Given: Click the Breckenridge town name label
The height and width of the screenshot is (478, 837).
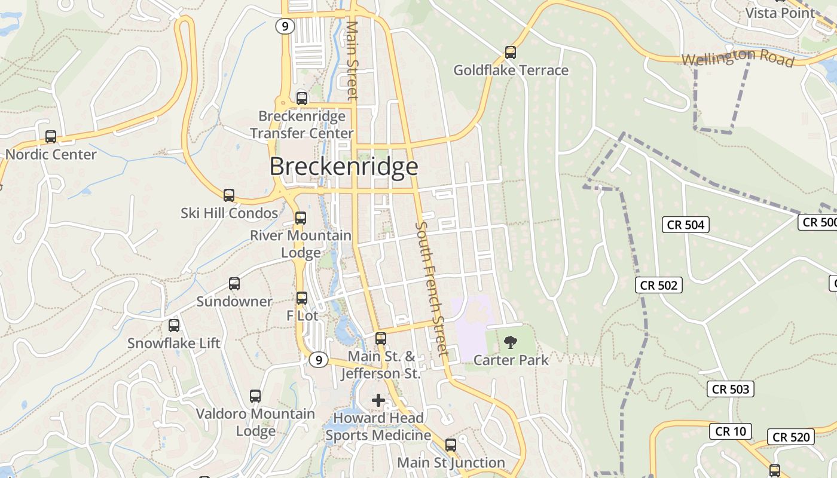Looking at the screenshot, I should (x=343, y=166).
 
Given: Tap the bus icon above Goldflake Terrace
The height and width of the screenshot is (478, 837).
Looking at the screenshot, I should (x=511, y=53).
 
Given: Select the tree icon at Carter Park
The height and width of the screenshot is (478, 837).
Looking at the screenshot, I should (x=511, y=342).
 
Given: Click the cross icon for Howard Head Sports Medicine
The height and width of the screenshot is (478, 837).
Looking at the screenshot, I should (x=378, y=400).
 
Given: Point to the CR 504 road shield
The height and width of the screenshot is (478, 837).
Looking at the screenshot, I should (x=686, y=225).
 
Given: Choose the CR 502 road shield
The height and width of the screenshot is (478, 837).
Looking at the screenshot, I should (x=659, y=285).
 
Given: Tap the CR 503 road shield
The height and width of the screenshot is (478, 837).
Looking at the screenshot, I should (x=731, y=389).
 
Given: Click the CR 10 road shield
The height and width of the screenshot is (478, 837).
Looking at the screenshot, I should (x=731, y=431).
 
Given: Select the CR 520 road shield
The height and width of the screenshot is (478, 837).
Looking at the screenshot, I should (x=791, y=437).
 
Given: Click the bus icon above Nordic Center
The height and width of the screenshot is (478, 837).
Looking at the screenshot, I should (x=51, y=137).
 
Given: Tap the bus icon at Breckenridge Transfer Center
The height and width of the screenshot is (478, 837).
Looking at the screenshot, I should (x=302, y=99).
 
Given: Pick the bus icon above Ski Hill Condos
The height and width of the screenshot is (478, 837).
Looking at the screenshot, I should (x=229, y=195).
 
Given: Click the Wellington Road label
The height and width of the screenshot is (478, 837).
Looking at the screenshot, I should (x=738, y=58).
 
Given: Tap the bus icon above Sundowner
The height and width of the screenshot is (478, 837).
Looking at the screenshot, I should (x=234, y=284).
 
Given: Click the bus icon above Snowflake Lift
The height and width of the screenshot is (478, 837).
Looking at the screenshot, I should (x=174, y=326).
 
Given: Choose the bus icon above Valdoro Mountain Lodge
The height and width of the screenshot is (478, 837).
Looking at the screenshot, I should (x=255, y=396).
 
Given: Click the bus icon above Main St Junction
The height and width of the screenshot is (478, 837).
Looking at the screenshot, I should (x=451, y=445).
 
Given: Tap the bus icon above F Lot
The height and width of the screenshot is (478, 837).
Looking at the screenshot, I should (x=302, y=298).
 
